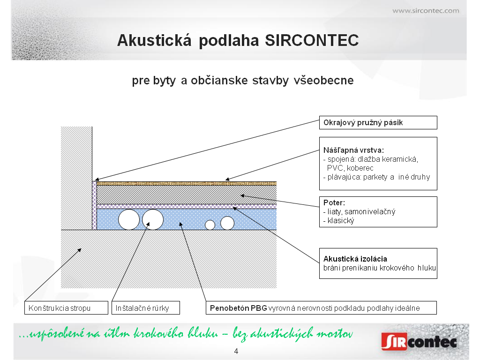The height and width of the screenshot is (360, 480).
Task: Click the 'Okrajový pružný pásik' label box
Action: pos(378,122)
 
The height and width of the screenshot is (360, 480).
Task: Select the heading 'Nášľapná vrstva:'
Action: pos(353,150)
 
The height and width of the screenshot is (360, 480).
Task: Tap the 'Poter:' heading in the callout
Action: pos(334,202)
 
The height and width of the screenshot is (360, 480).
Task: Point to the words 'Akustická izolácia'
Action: pos(355,259)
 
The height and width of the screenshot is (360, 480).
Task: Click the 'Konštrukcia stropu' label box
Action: pos(66,307)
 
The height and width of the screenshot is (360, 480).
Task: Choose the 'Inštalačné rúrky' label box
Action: pos(146,307)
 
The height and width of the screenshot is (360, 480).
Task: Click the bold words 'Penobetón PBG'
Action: pos(239,308)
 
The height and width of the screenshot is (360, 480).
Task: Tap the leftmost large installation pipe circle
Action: pos(129,219)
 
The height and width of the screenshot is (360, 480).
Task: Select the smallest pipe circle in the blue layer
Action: pos(210,225)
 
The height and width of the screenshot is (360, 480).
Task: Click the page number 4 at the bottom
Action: pos(236,351)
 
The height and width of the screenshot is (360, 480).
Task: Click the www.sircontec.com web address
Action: pos(426,11)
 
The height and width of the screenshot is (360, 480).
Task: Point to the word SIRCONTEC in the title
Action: pos(312,40)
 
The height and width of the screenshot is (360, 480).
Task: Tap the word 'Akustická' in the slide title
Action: pos(154,40)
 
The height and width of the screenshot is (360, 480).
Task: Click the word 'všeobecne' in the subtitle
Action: pos(323,81)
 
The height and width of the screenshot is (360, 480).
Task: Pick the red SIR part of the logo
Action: pos(394,342)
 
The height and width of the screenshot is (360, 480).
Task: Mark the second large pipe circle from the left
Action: pos(153,219)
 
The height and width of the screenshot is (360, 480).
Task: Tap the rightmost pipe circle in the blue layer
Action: pos(227,223)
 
